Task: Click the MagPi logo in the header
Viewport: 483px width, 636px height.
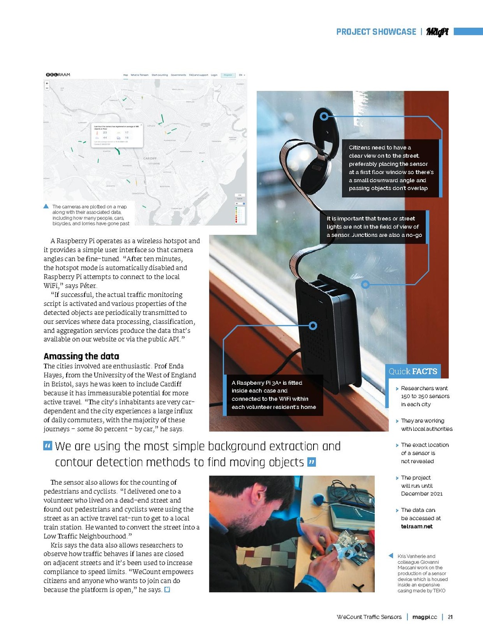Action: (437, 32)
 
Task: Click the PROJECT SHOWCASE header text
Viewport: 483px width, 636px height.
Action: (376, 32)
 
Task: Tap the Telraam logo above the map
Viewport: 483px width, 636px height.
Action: (58, 75)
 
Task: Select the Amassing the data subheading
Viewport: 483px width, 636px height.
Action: (81, 357)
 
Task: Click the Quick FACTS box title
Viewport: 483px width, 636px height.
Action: (413, 371)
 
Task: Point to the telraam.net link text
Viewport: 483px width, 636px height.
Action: (417, 527)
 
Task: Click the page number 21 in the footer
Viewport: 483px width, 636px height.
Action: (450, 617)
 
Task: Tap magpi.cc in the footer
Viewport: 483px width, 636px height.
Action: (424, 617)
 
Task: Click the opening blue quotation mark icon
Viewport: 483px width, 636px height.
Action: (47, 446)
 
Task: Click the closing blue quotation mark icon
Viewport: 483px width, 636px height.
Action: (312, 462)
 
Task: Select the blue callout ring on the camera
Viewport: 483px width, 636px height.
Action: (324, 116)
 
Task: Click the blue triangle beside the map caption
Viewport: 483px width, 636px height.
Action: (46, 206)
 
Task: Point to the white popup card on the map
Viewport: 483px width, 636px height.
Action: (117, 135)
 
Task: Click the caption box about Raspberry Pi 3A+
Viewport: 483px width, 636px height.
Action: (273, 395)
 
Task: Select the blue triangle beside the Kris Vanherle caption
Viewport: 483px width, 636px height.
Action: (391, 556)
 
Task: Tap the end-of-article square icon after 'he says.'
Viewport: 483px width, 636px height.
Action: (167, 590)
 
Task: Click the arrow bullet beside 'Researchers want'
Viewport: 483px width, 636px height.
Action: (397, 389)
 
